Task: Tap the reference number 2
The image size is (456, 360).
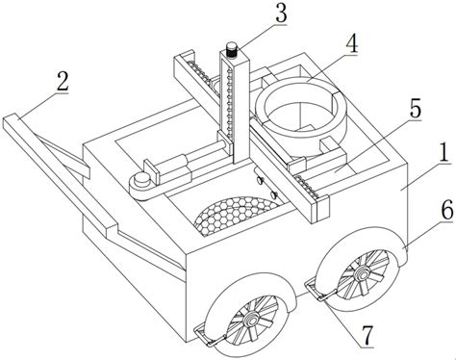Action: coord(63,81)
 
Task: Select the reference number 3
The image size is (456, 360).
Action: coord(281,13)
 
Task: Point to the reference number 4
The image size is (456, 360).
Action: coord(352,43)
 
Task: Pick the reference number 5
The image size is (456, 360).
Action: coord(415,108)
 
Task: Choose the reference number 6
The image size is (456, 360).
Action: coord(447,210)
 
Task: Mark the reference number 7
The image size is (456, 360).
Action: coord(367,335)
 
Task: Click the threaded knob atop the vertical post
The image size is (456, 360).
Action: coord(231,50)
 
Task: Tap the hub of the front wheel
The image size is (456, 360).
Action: coord(250,321)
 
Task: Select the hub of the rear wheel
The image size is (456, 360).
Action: coord(362,272)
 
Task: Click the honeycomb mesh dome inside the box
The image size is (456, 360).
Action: coord(236,214)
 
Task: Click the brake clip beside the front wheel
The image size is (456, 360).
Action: coord(209,337)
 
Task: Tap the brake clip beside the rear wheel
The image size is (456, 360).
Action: coord(319,290)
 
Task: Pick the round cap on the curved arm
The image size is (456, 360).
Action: coord(142,178)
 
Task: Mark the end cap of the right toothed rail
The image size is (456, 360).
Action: coord(322,208)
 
